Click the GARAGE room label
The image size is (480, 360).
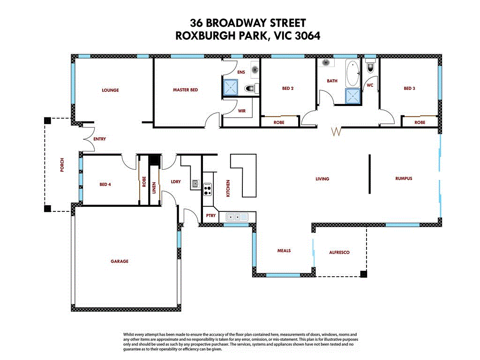pos(119,262)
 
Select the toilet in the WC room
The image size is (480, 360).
pos(371,67)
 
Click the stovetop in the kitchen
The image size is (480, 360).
pos(208,190)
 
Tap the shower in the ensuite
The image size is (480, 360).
pos(230,87)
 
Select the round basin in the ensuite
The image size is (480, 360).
pos(255,70)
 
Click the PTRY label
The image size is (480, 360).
pos(210,216)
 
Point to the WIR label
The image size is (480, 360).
pos(242,111)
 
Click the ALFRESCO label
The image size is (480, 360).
pos(339,252)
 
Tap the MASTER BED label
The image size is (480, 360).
pos(185,90)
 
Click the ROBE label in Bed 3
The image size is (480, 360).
pos(420,122)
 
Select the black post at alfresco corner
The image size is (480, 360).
pos(363,274)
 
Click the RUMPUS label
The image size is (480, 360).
pos(403,178)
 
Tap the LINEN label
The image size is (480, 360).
pos(154,188)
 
